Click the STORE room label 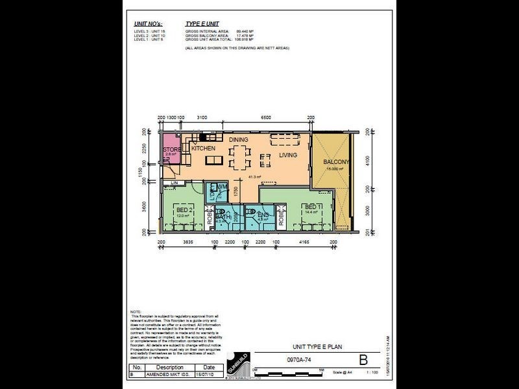tap(171, 150)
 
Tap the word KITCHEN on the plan tap(203, 148)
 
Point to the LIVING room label tap(288, 156)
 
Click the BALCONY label tap(337, 162)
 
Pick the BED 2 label tap(184, 211)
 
